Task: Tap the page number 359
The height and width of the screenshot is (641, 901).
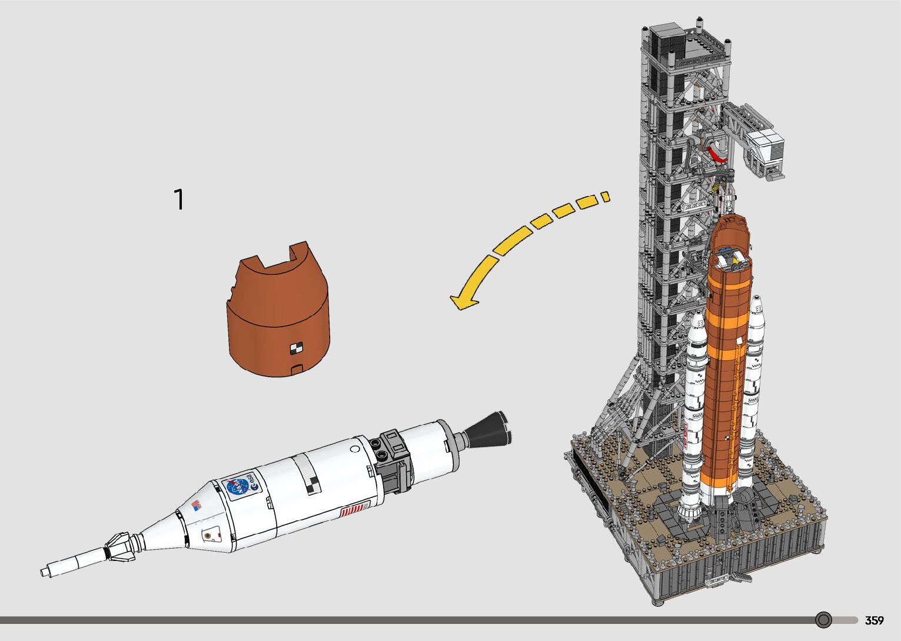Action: point(874,620)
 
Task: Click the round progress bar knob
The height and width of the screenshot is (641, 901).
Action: point(823,620)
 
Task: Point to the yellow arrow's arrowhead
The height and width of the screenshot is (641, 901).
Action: point(463,301)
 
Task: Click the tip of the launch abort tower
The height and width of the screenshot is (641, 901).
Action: point(46,571)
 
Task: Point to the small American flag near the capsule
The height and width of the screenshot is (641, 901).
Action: point(196,505)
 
